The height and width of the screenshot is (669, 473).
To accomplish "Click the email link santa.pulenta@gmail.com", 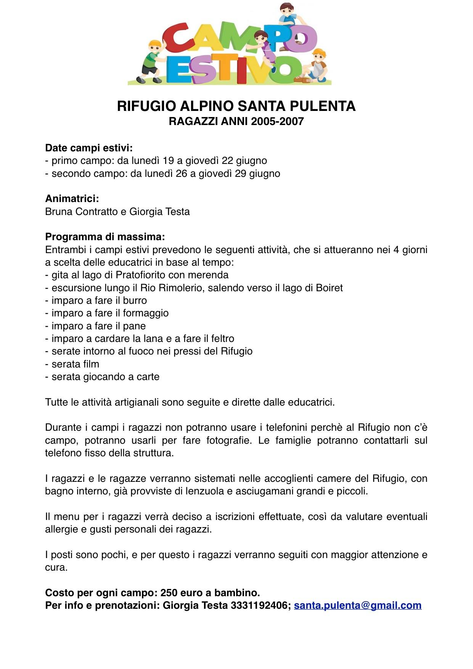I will pyautogui.click(x=357, y=605).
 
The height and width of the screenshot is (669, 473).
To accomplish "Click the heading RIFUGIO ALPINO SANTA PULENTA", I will pyautogui.click(x=236, y=106).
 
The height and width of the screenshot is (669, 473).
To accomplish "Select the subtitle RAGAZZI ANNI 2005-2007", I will pyautogui.click(x=236, y=122).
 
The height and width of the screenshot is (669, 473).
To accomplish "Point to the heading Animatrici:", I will pyautogui.click(x=72, y=199).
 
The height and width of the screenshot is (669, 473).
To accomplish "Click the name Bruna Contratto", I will pyautogui.click(x=81, y=212).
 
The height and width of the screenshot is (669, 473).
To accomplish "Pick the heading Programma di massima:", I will pyautogui.click(x=105, y=237).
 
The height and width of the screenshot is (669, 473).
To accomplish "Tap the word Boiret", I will pyautogui.click(x=329, y=288).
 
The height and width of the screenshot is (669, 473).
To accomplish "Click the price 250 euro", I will pyautogui.click(x=184, y=593).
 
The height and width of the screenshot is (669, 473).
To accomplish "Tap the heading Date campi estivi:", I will pyautogui.click(x=89, y=148).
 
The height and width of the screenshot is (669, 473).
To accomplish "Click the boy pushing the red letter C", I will pyautogui.click(x=152, y=61).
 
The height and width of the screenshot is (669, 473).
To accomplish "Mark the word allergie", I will pyautogui.click(x=60, y=529).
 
